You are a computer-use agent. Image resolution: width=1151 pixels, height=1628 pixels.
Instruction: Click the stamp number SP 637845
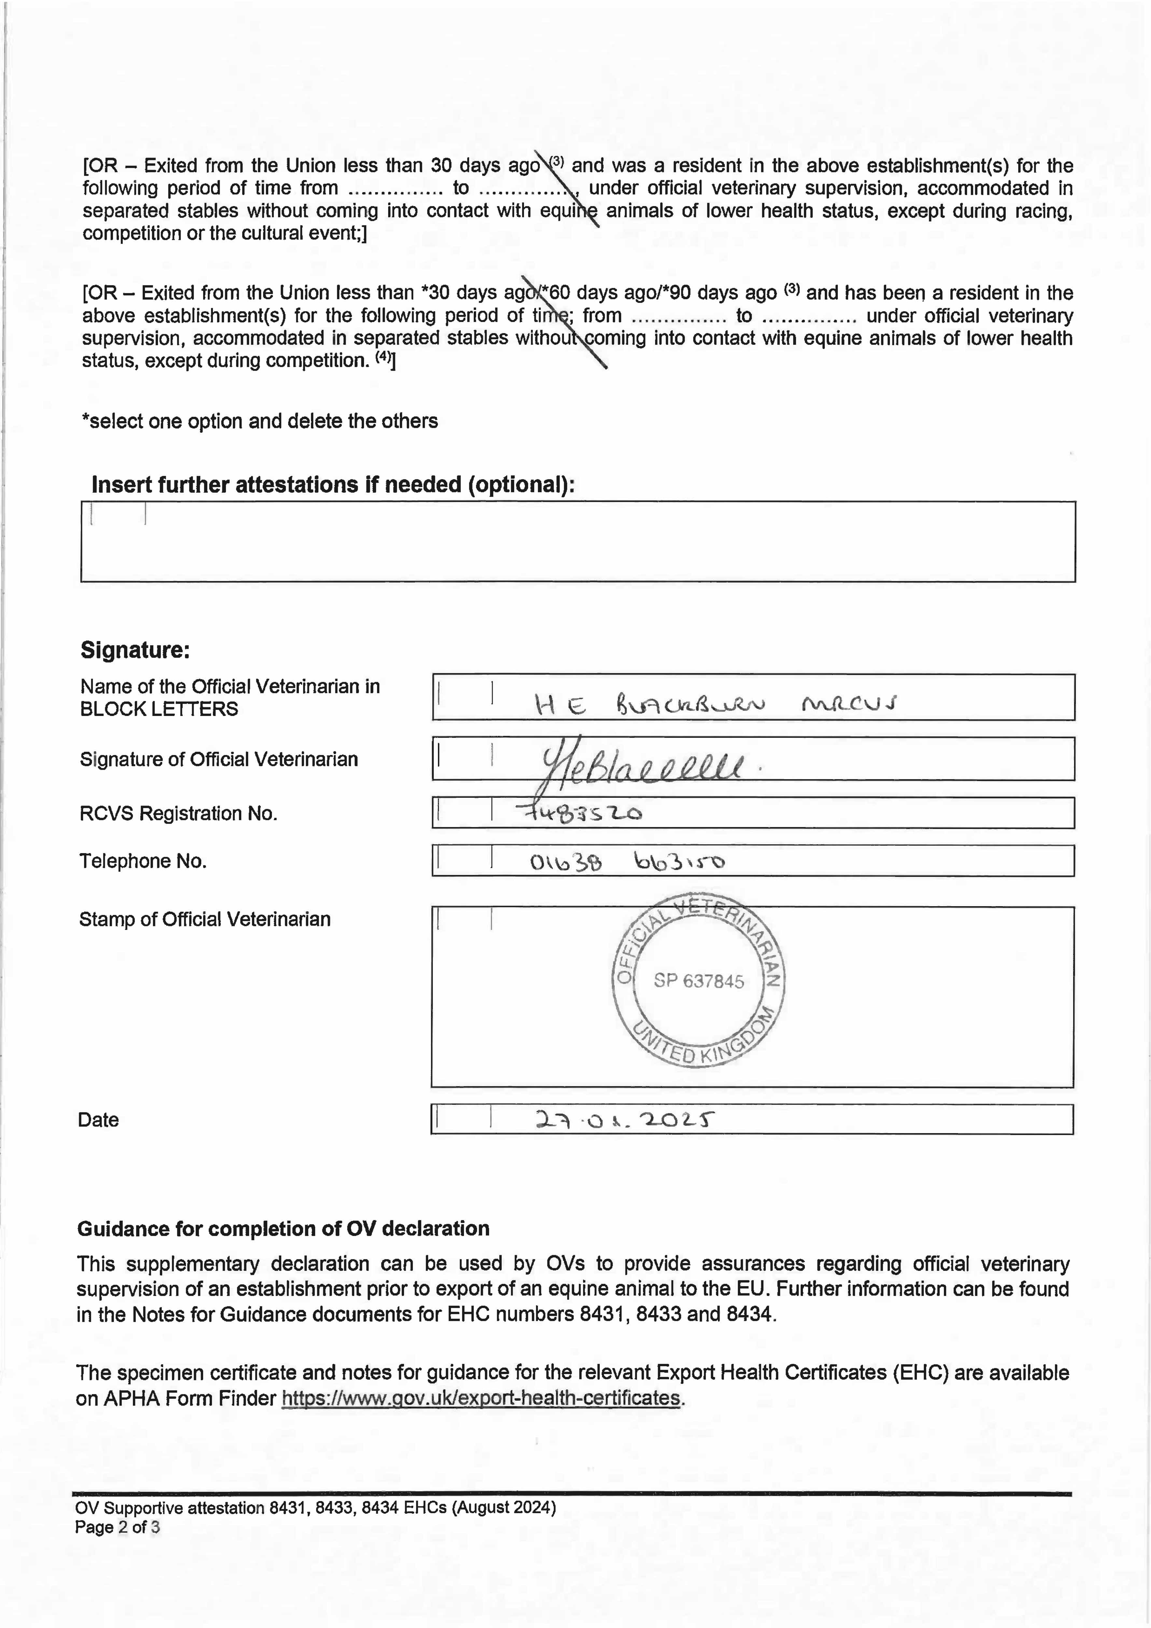[x=698, y=981]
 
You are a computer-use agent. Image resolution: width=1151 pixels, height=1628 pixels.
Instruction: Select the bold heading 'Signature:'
[x=135, y=650]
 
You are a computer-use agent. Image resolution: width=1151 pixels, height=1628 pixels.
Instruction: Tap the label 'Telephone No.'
[x=143, y=861]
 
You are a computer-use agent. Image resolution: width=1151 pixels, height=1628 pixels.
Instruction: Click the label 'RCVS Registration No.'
[x=178, y=813]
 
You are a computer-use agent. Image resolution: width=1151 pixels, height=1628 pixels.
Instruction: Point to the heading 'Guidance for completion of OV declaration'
[x=283, y=1229]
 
